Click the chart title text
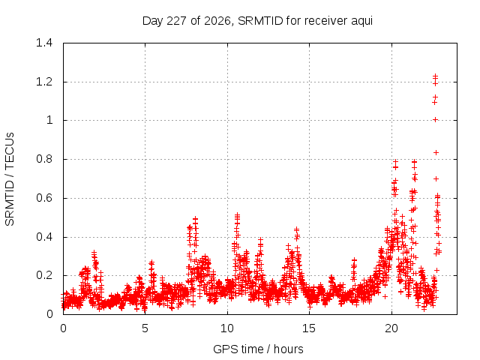click(x=257, y=21)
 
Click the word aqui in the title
click(x=361, y=22)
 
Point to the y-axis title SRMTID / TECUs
click(x=10, y=179)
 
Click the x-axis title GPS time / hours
click(x=258, y=349)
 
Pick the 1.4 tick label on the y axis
click(x=44, y=43)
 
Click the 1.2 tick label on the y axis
click(x=44, y=82)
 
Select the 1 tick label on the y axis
click(x=49, y=120)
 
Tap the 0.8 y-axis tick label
click(x=44, y=159)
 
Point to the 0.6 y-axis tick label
click(x=44, y=198)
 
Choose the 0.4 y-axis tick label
click(x=44, y=237)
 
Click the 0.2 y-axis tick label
click(x=44, y=275)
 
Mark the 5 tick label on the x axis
click(x=145, y=328)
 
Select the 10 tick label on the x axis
click(x=227, y=328)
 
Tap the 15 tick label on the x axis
click(x=309, y=328)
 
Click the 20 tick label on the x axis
click(x=391, y=328)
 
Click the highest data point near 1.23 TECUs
click(x=435, y=76)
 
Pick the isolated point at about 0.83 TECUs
click(x=436, y=152)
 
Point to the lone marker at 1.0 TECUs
click(x=436, y=120)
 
